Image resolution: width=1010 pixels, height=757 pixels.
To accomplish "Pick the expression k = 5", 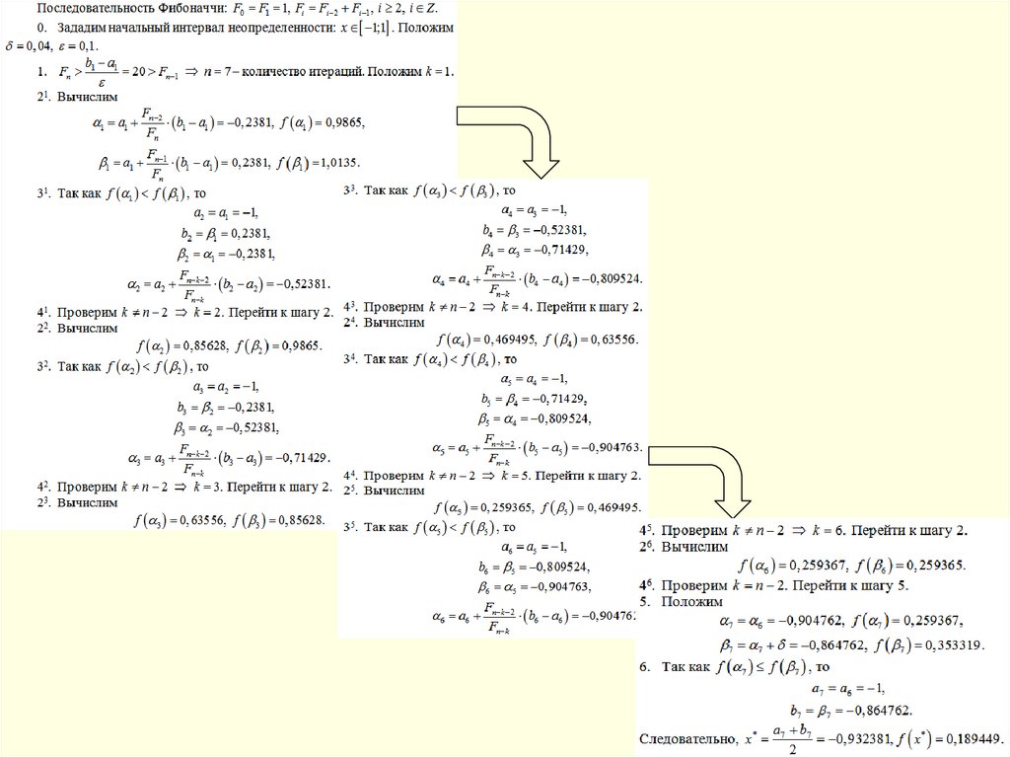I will (517, 477).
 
